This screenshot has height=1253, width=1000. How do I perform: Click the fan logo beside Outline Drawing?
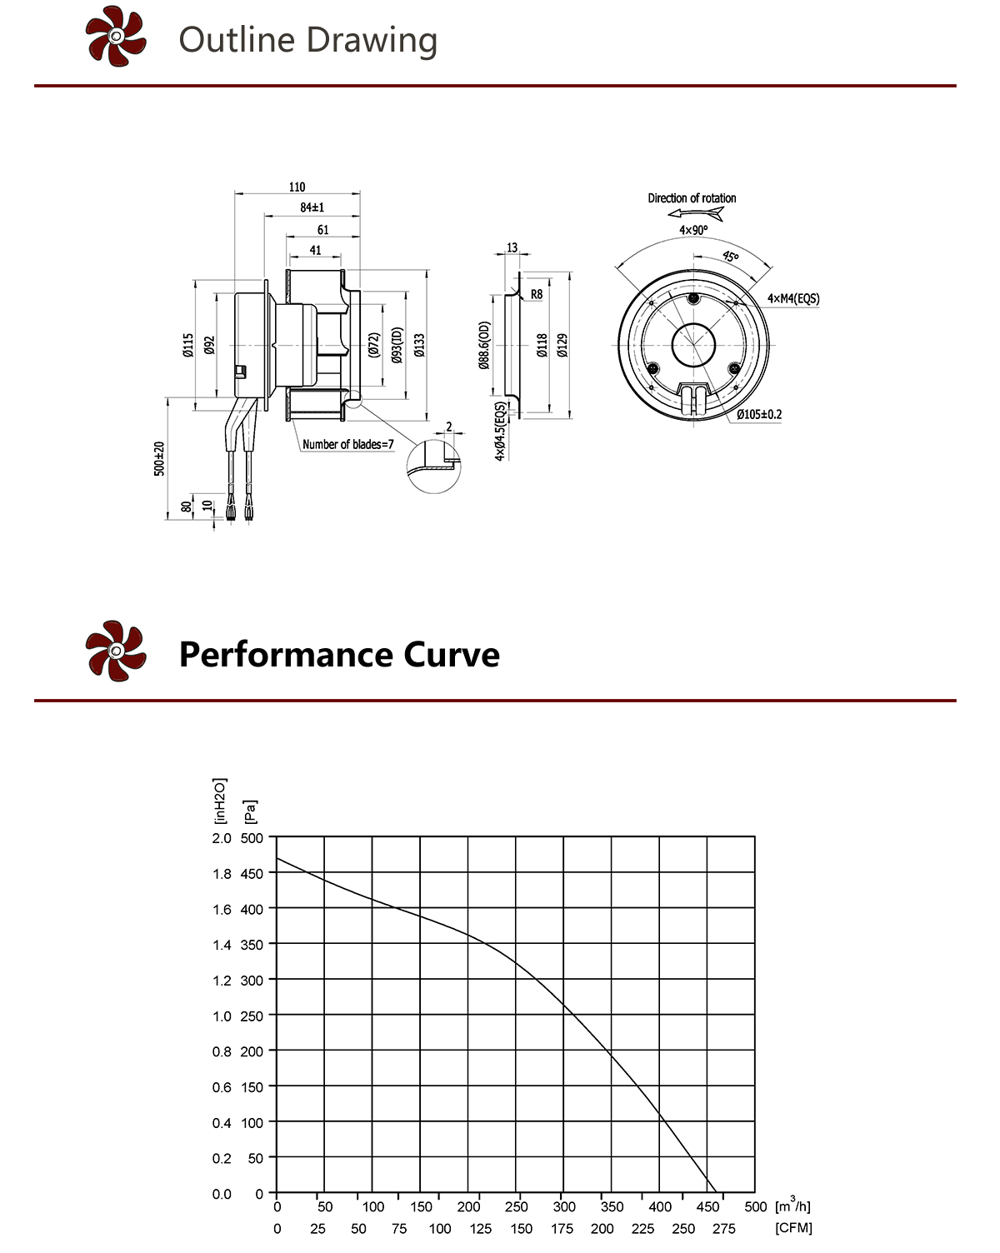point(116,37)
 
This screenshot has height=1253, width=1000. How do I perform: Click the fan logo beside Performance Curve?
point(116,651)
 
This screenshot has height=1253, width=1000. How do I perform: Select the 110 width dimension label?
point(297,187)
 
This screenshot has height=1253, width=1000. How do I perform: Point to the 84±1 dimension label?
point(312,207)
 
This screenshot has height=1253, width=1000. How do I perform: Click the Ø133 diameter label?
point(419,345)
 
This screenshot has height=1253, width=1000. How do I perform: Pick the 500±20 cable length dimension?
point(159,458)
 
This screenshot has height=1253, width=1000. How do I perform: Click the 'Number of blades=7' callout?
point(347,445)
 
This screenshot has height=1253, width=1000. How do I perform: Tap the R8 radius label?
point(537,294)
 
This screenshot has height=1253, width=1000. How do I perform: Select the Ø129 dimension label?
point(562,345)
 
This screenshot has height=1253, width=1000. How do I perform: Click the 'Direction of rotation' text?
point(692,198)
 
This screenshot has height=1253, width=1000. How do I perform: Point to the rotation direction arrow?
point(696,214)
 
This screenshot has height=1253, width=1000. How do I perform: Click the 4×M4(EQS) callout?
point(792,298)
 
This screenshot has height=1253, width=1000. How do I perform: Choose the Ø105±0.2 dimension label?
point(758,414)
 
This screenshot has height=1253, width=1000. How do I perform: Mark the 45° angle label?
point(730,257)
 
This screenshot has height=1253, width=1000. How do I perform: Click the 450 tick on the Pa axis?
point(252,874)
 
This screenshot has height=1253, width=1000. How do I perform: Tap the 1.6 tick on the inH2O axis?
point(222,910)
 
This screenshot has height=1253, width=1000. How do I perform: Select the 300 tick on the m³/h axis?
point(564,1207)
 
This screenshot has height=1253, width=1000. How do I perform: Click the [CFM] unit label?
point(793,1228)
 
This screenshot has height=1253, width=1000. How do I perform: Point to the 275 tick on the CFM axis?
point(724,1229)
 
